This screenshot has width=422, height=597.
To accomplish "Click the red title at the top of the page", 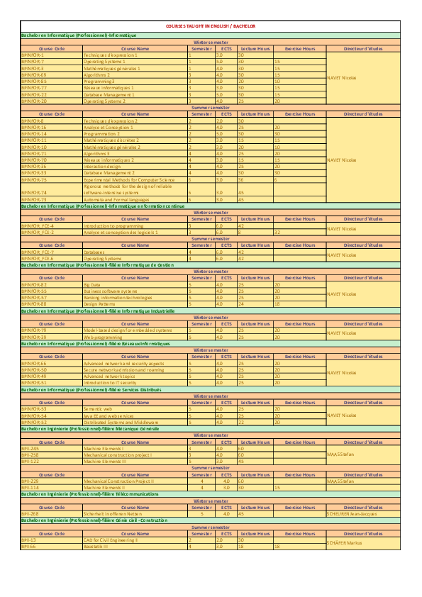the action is [211, 26].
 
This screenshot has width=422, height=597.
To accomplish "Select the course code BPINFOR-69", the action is [34, 74].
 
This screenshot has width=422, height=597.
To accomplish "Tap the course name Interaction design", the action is [102, 166].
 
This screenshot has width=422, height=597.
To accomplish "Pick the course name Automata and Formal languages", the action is [116, 200].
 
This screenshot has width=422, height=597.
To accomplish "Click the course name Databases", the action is [94, 252].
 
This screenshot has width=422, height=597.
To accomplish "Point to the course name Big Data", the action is [92, 284].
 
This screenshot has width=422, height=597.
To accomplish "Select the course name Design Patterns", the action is [99, 303].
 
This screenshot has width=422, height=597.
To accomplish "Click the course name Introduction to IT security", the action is [109, 382].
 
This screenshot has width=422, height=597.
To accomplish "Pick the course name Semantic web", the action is [96, 409].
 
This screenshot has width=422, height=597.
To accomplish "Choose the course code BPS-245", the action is [30, 448].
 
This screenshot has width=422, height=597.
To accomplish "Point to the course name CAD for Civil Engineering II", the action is [111, 540].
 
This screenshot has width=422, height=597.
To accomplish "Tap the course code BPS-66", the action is [28, 546].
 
